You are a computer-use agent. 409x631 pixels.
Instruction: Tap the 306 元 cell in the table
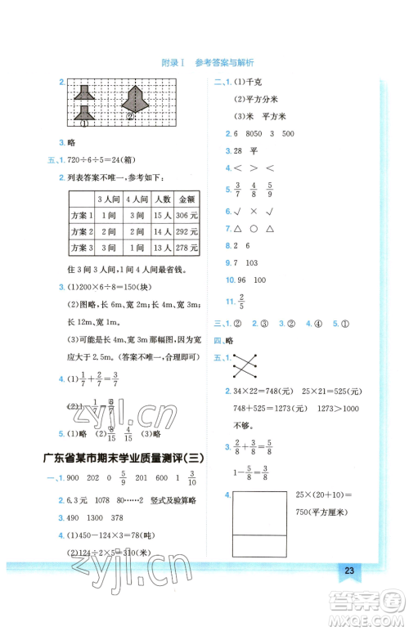pos(187,215)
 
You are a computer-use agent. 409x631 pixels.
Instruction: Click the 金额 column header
pos(187,199)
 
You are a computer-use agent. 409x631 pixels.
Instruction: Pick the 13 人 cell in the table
pos(161,248)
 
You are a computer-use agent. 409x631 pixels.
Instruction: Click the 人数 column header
pos(161,199)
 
